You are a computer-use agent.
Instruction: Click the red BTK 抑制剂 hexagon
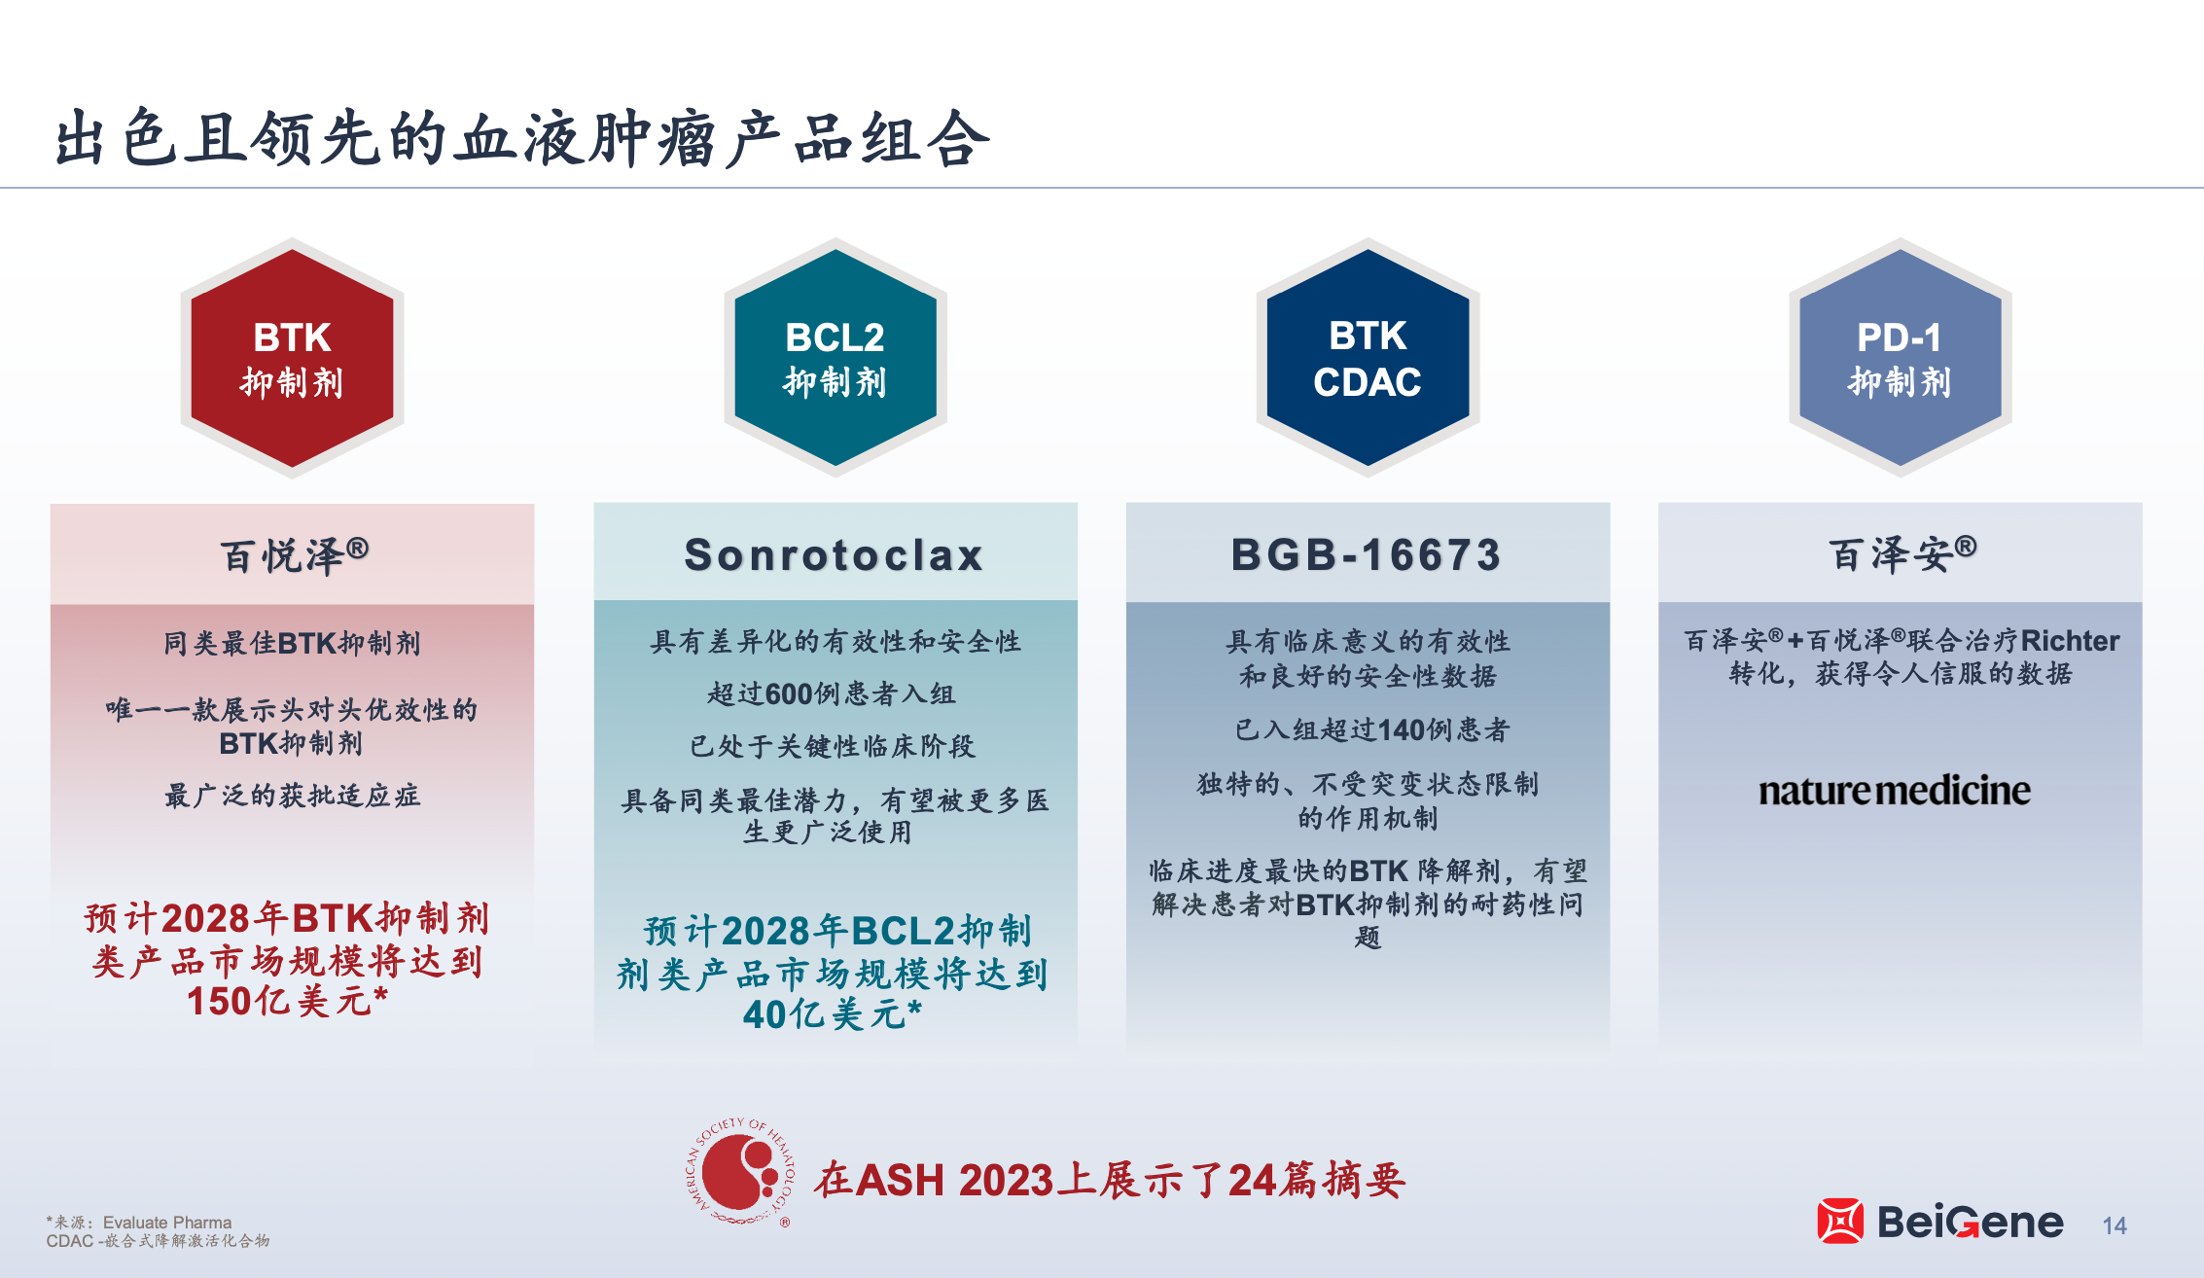point(292,358)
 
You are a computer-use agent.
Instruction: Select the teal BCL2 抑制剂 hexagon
point(835,358)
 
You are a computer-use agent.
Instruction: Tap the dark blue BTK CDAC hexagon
point(1368,358)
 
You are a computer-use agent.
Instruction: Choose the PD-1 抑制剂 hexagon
point(1900,358)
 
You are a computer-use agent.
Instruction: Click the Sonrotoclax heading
point(835,555)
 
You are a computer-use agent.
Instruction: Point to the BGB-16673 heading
point(1367,555)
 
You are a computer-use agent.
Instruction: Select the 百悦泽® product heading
point(295,555)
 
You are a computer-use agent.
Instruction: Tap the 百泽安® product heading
point(1903,554)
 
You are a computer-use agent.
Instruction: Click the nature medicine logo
point(1895,791)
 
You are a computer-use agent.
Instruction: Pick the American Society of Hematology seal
point(740,1171)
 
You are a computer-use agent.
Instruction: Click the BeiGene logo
point(1939,1222)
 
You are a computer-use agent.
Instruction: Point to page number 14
point(2115,1225)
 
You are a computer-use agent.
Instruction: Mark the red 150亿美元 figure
point(288,1001)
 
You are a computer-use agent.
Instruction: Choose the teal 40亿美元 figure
point(833,1014)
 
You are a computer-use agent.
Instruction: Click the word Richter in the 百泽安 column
point(2070,641)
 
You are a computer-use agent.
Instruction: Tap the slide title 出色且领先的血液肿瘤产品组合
point(522,138)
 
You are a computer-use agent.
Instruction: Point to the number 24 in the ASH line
point(1252,1181)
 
